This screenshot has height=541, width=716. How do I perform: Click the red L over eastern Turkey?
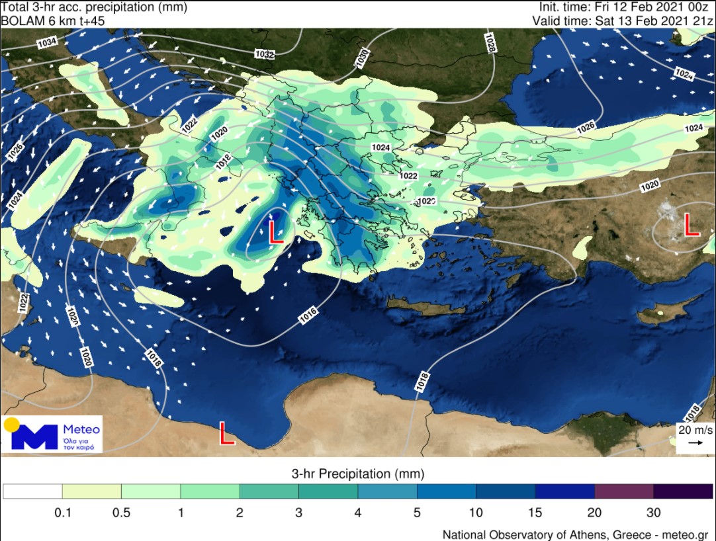(692, 225)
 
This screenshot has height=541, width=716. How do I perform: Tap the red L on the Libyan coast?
(227, 434)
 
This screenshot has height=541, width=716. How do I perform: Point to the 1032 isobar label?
(265, 54)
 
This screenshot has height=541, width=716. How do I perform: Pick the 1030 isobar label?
(362, 58)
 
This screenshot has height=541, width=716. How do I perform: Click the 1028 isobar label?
(490, 44)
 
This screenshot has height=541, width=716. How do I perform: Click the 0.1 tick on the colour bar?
(62, 513)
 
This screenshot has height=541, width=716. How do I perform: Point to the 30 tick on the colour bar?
(653, 513)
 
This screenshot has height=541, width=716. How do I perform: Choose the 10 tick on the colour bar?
(476, 513)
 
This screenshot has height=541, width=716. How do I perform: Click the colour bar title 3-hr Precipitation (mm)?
(357, 474)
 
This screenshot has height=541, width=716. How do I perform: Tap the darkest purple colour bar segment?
(682, 491)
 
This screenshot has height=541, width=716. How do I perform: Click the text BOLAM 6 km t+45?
(53, 21)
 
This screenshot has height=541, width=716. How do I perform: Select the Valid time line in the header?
(623, 21)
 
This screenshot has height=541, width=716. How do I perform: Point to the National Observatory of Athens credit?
(574, 534)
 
